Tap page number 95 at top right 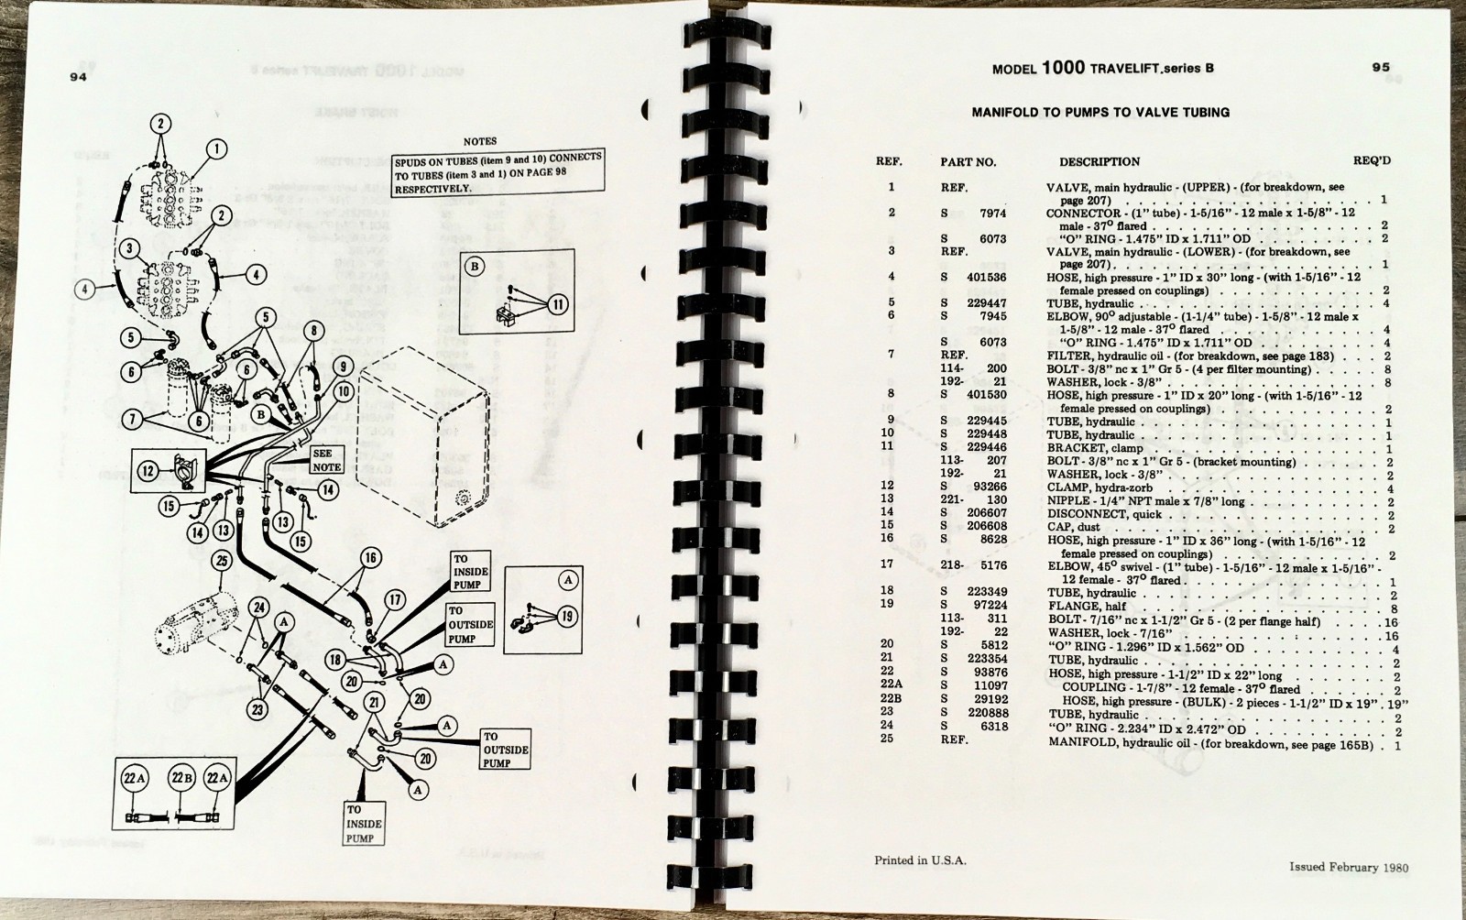click(1381, 67)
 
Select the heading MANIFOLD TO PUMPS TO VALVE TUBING click(1099, 113)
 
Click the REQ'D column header click(1372, 161)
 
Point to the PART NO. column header click(968, 162)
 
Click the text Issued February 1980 click(1349, 867)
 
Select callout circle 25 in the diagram click(221, 560)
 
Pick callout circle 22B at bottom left click(181, 779)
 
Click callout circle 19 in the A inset click(567, 616)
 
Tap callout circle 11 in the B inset click(558, 304)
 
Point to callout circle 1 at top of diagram click(216, 148)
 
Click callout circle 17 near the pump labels click(394, 601)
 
